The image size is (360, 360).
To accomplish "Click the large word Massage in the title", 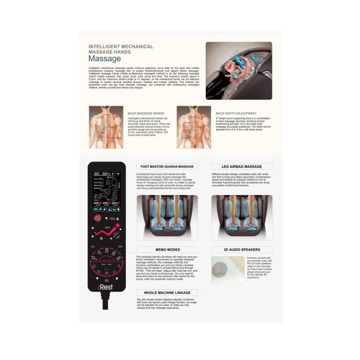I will [104, 59].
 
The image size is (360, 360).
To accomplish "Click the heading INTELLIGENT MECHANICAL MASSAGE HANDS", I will [121, 49].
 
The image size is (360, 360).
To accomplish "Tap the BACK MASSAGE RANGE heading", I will [146, 112].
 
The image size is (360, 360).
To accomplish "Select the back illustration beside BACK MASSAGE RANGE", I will [106, 127].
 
